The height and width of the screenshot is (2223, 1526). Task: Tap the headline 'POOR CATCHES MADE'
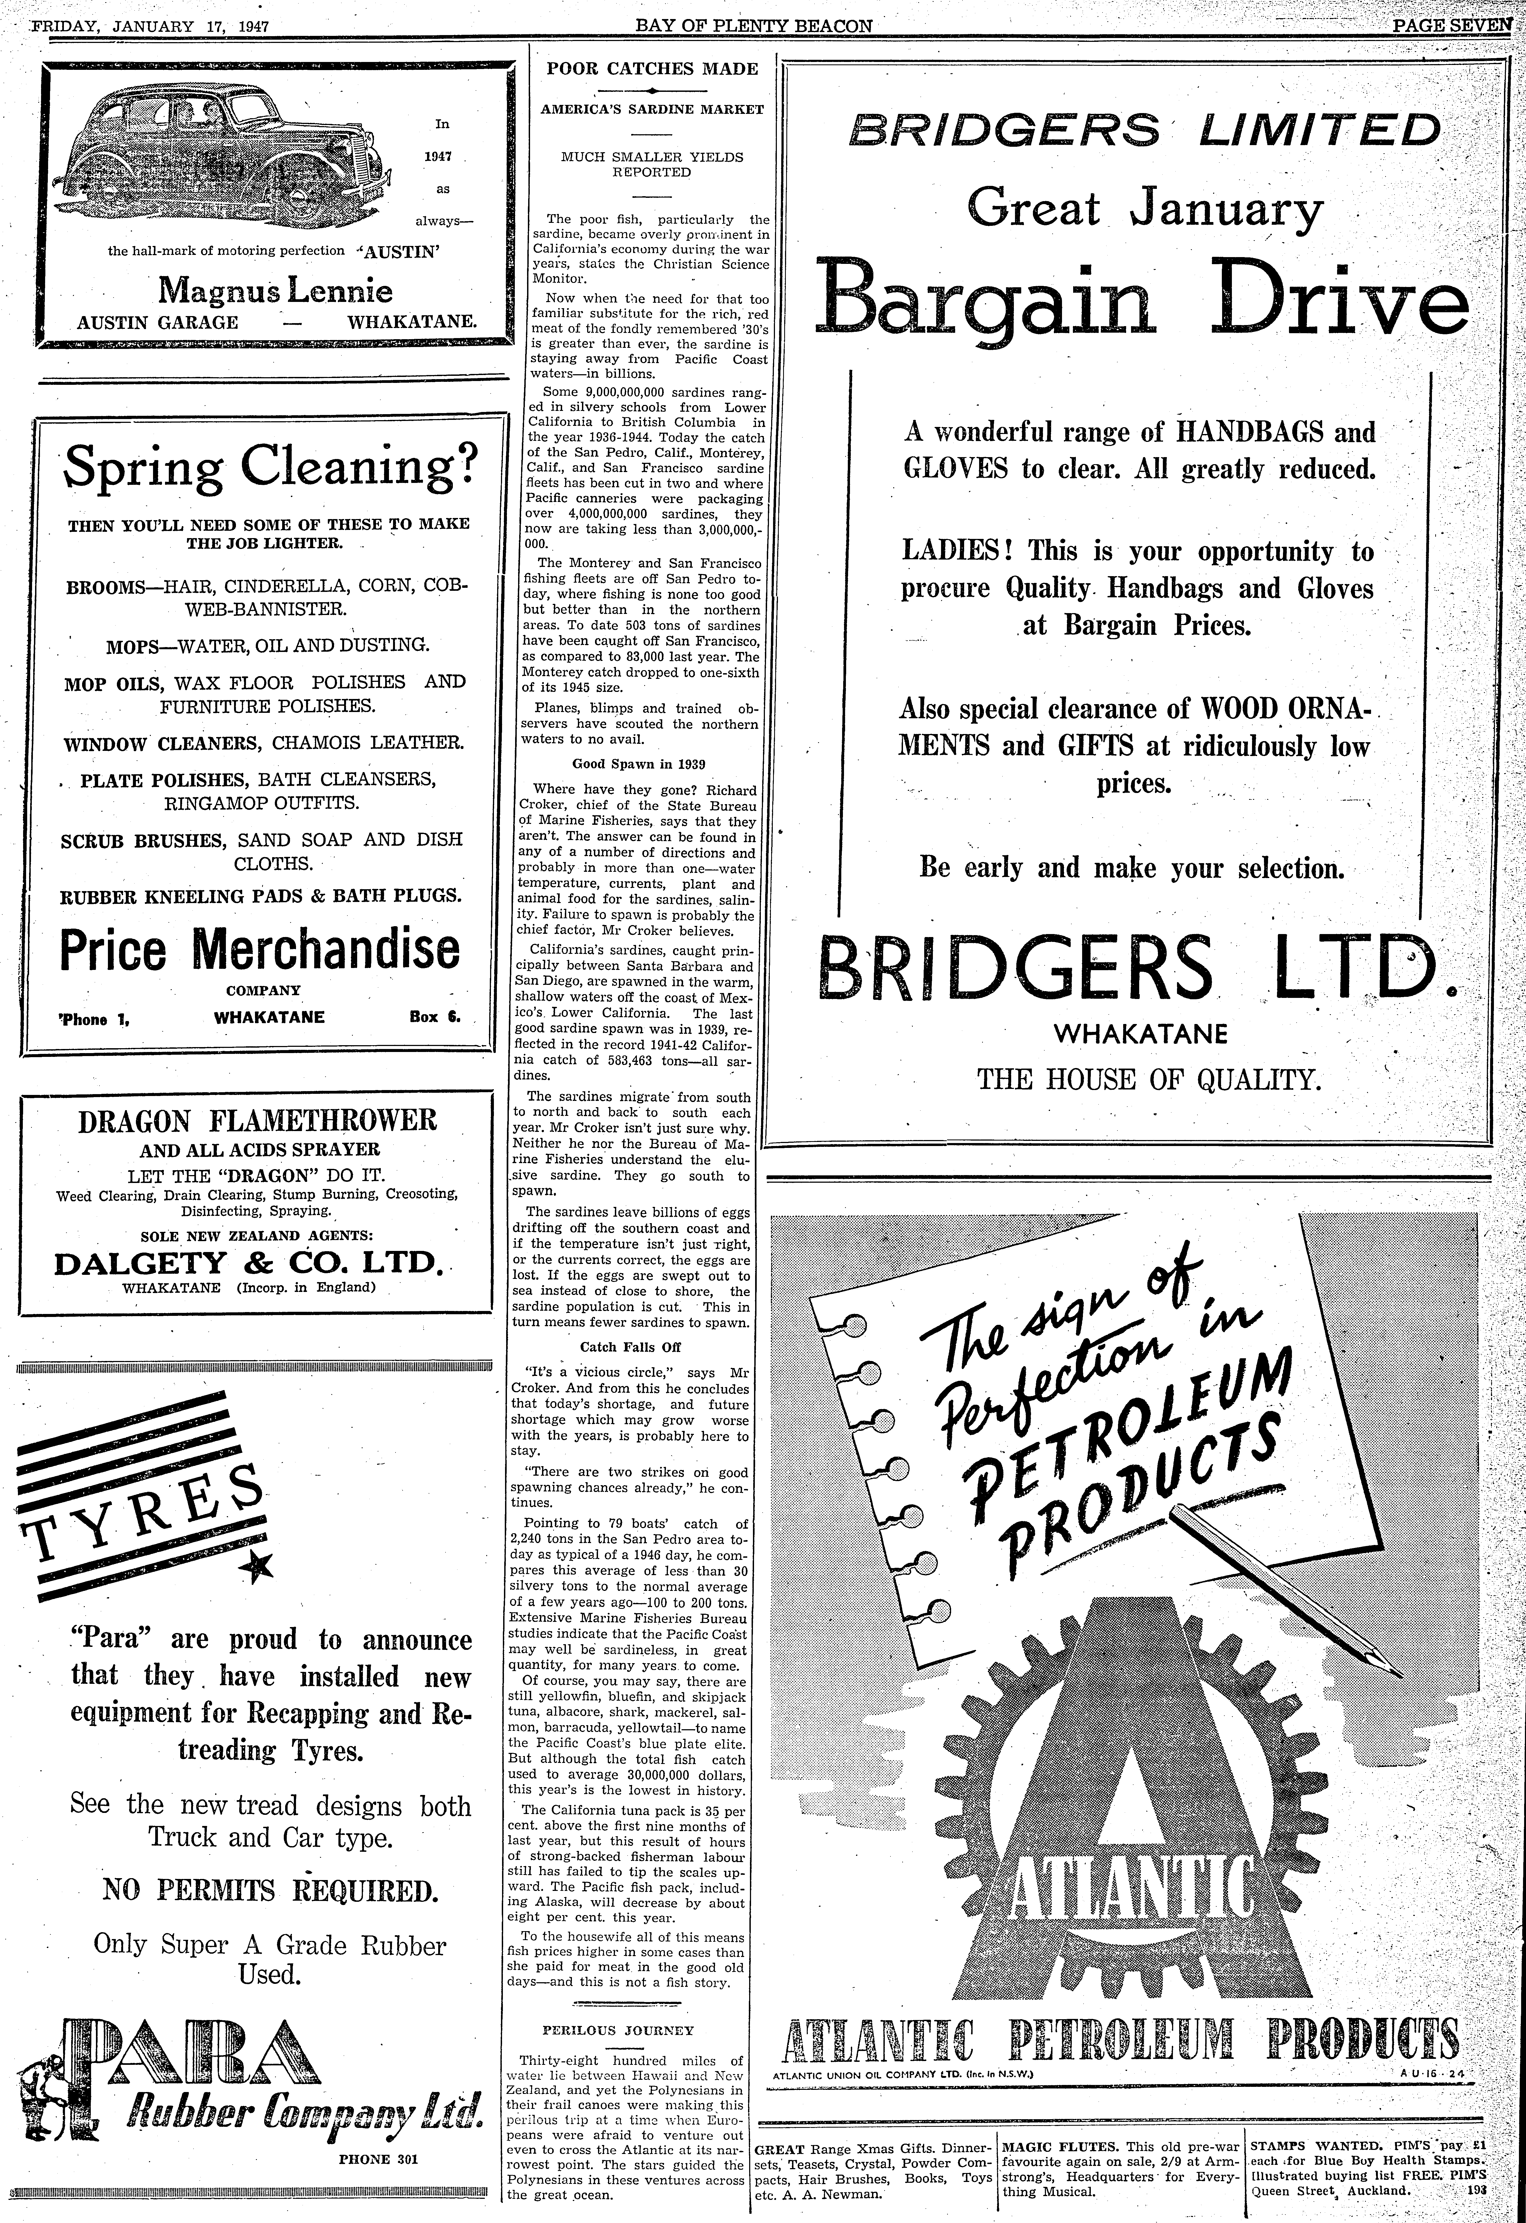coord(652,69)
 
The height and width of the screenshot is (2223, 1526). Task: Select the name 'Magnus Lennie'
coord(276,290)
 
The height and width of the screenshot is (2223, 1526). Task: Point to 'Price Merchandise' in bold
coord(259,949)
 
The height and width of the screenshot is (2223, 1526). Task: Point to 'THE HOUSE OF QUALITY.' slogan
coord(1148,1080)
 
